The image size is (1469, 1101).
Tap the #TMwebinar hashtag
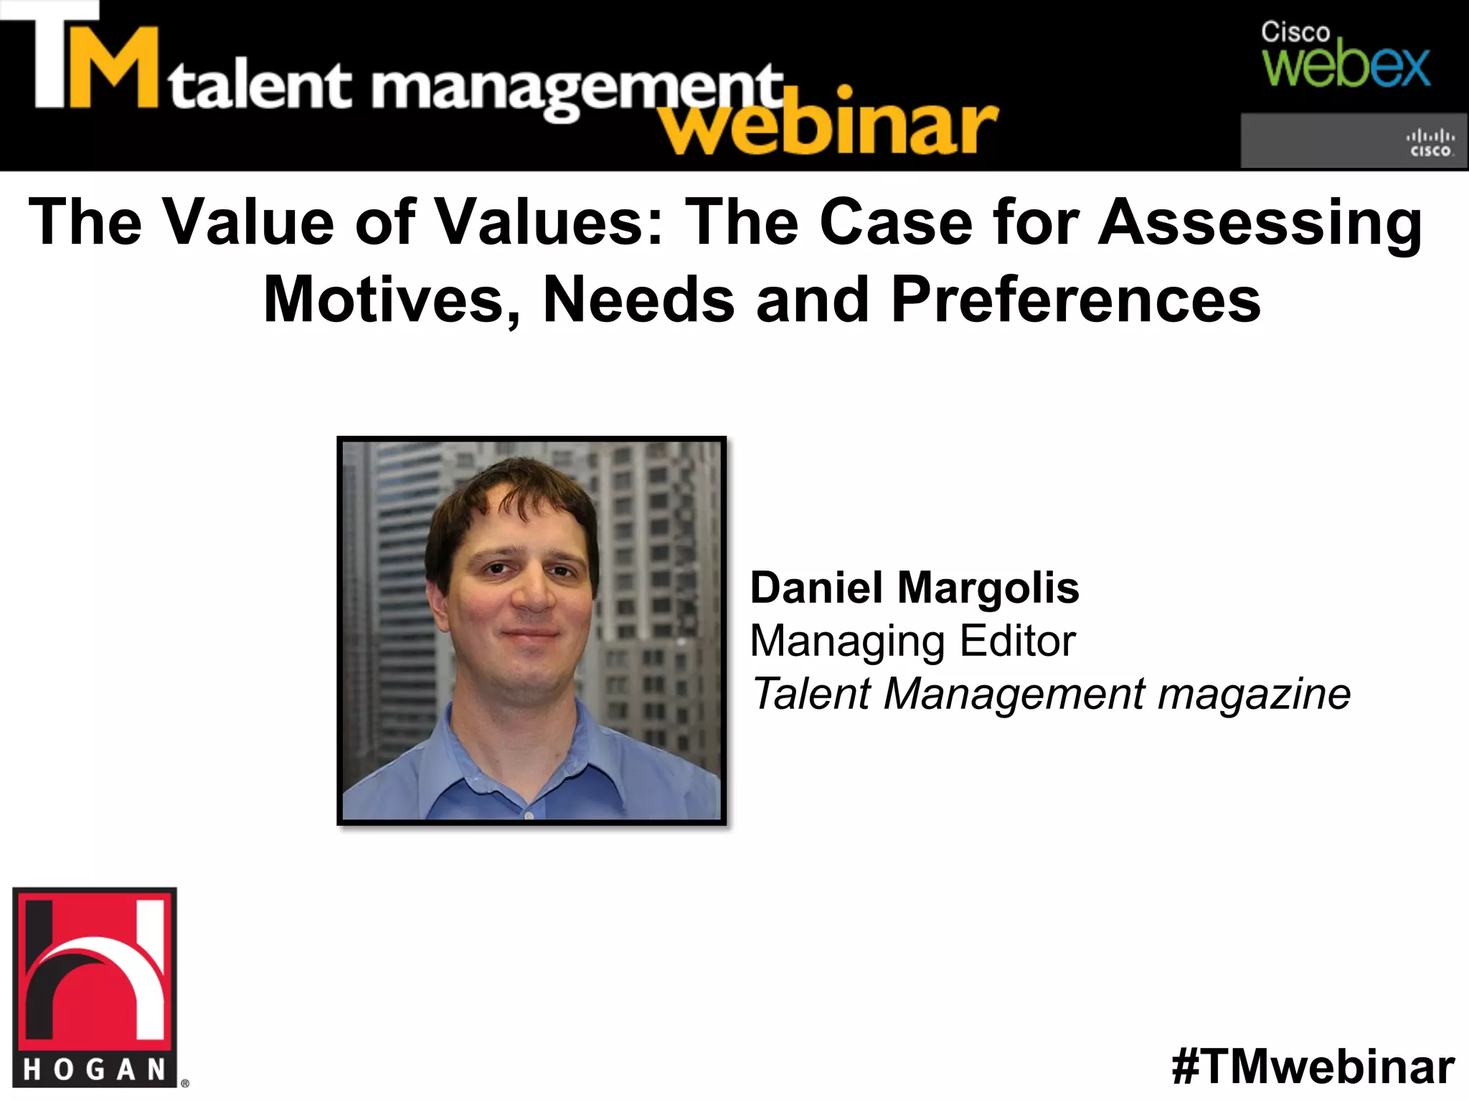(1313, 1067)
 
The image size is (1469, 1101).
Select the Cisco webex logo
(1346, 56)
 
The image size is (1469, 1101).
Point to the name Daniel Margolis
(914, 588)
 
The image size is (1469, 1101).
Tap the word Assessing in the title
(1260, 222)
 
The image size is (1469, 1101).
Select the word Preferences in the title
(1075, 300)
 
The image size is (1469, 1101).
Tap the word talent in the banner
(260, 87)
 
